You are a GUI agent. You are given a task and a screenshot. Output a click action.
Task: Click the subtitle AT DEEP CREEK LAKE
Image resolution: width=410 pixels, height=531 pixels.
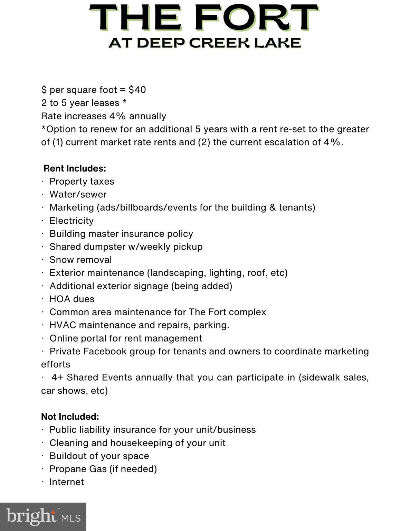[x=205, y=43]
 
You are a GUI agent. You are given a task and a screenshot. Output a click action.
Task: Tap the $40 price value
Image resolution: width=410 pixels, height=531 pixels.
[x=137, y=90]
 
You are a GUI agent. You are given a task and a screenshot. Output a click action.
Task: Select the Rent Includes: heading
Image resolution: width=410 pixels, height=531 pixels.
[x=75, y=168]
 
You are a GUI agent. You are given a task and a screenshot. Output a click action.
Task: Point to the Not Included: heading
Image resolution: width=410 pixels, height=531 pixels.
[x=70, y=417]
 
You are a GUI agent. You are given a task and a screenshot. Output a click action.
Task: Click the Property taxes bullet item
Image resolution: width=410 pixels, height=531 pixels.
[x=82, y=181]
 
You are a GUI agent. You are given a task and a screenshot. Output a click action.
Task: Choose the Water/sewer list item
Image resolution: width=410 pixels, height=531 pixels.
[x=78, y=195]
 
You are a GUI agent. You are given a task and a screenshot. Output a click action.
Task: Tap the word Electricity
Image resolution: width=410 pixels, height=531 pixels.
[x=71, y=221]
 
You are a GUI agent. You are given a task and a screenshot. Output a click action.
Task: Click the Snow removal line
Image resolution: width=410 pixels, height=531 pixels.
[x=80, y=260]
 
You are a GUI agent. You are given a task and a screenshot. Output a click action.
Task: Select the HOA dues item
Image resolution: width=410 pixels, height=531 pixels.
[x=72, y=299]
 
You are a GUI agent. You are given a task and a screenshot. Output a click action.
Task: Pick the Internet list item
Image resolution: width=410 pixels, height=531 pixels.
[x=67, y=482]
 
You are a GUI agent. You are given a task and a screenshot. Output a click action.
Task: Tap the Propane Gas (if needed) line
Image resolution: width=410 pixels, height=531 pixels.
[x=103, y=469]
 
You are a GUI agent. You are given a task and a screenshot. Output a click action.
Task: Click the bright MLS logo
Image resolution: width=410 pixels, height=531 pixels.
[x=43, y=517]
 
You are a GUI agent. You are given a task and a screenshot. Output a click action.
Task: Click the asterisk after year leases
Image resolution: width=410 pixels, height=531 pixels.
[x=124, y=102]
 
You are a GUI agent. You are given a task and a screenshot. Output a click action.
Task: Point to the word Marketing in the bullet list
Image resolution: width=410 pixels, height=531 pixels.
[x=71, y=207]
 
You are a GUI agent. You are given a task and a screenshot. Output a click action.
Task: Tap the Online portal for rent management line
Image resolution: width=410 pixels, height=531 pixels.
[x=126, y=338]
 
